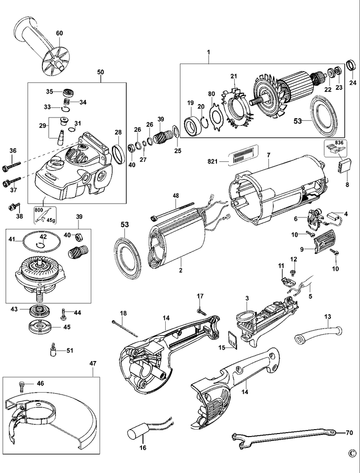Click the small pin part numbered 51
pos(52,351)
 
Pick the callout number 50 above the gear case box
pos(100,72)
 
